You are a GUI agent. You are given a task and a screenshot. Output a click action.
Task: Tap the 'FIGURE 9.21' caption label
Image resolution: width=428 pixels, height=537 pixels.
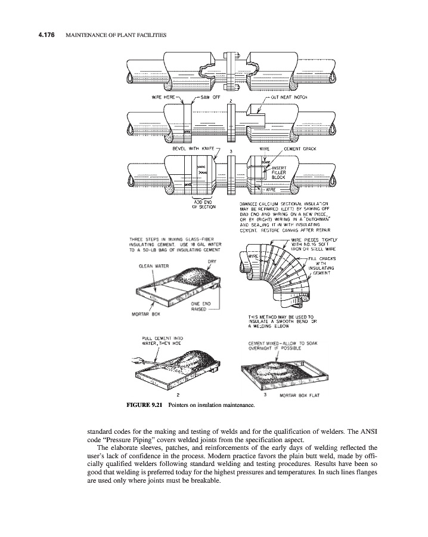click(145, 406)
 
